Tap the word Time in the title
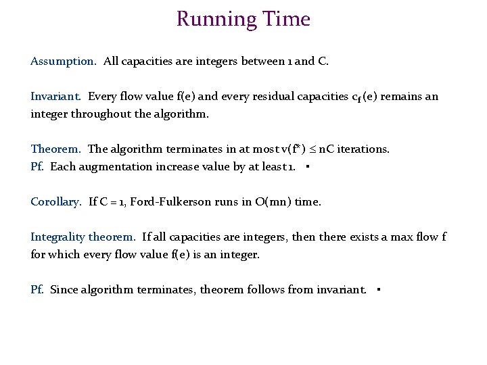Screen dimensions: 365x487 [287, 19]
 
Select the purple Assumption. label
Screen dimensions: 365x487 [64, 62]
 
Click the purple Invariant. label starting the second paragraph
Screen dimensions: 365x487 [56, 97]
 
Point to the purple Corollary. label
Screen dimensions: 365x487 [56, 202]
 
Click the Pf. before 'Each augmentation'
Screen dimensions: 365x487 [38, 167]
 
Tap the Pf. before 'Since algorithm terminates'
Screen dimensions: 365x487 [38, 290]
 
